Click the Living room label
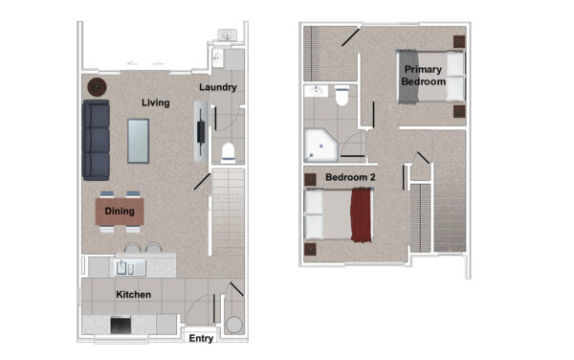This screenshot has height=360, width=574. click(156, 102)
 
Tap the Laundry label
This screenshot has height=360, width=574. click(218, 87)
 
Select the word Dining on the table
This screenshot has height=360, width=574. click(120, 211)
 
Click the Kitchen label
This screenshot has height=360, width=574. click(133, 295)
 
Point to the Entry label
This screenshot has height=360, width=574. click(201, 338)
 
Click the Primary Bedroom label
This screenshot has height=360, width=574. click(423, 76)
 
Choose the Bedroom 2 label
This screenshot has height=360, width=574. click(350, 177)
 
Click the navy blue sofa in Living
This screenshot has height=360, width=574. click(96, 140)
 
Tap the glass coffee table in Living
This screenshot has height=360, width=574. click(138, 141)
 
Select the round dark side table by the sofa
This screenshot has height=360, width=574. click(97, 87)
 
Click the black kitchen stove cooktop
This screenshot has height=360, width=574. click(121, 325)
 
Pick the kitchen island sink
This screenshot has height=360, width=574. click(125, 268)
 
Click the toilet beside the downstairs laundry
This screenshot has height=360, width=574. click(228, 153)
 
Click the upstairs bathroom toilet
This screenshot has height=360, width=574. click(342, 96)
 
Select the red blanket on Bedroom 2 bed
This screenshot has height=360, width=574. click(362, 214)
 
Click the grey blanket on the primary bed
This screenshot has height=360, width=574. click(408, 77)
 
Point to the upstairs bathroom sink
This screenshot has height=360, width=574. click(317, 91)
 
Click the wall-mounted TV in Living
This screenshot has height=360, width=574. click(201, 131)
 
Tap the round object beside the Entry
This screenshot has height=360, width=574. click(234, 325)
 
